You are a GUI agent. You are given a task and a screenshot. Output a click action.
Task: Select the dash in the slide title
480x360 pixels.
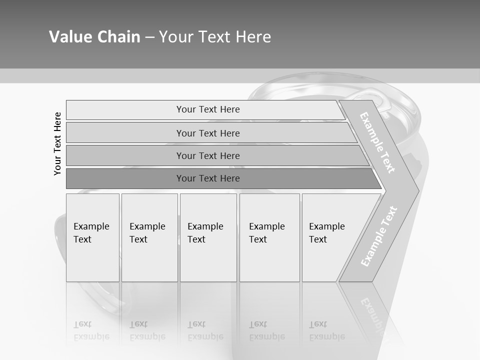click(x=149, y=37)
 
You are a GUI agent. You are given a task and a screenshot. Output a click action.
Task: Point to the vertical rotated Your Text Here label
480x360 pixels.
click(x=57, y=144)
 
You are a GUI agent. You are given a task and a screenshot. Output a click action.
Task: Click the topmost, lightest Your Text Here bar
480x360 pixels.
click(x=208, y=109)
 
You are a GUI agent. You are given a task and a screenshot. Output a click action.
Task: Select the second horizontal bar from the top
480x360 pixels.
click(x=208, y=133)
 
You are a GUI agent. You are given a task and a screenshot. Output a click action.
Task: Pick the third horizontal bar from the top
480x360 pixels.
click(x=208, y=155)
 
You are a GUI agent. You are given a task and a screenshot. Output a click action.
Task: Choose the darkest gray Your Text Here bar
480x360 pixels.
click(x=208, y=178)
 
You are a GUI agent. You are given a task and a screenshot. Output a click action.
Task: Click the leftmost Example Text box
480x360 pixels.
click(x=92, y=237)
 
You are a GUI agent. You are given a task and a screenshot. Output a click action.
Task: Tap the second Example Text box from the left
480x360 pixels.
click(x=149, y=237)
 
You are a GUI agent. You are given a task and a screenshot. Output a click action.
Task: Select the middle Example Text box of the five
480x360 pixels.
click(x=208, y=237)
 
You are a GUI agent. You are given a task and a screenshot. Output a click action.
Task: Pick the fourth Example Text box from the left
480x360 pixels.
click(x=269, y=237)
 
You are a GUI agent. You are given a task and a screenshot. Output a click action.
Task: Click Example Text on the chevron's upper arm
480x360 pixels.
click(x=377, y=142)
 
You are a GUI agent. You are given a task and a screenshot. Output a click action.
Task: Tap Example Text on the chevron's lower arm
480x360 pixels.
click(x=379, y=236)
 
